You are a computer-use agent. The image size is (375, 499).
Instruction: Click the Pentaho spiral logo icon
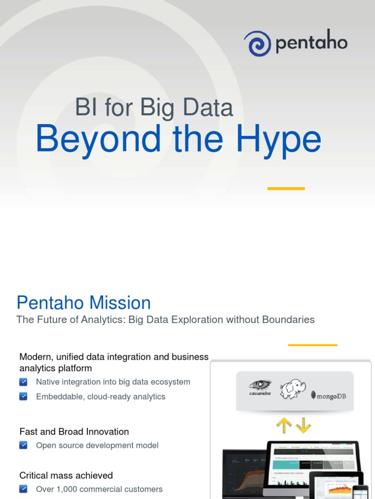(x=257, y=43)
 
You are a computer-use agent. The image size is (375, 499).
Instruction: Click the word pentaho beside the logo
(x=312, y=44)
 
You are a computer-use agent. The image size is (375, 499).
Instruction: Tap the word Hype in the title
(x=278, y=140)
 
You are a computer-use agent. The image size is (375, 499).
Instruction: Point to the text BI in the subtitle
(x=86, y=107)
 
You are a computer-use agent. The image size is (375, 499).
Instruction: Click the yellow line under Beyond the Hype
(x=286, y=189)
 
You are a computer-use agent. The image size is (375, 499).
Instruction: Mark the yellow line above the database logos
(x=312, y=345)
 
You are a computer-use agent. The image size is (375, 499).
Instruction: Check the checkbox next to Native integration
(x=23, y=382)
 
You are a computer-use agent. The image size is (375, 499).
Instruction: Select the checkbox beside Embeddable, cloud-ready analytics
(x=23, y=397)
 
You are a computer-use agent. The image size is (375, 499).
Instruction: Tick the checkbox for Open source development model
(x=23, y=445)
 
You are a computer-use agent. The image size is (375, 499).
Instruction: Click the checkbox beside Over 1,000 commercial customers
(x=23, y=489)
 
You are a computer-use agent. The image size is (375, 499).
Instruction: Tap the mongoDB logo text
(x=331, y=396)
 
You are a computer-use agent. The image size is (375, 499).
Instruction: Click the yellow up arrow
(x=284, y=425)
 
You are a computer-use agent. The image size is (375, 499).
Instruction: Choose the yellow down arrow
(x=303, y=425)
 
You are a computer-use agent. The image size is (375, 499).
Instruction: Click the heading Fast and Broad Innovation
(x=74, y=432)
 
